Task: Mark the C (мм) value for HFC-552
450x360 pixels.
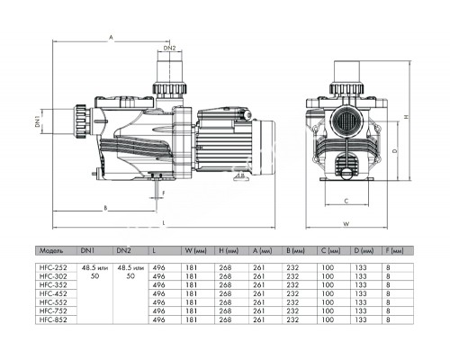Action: coord(330,301)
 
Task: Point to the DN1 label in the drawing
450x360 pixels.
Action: coord(38,121)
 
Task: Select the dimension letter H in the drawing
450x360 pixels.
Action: coord(406,117)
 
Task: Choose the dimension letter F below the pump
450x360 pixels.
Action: coord(164,192)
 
